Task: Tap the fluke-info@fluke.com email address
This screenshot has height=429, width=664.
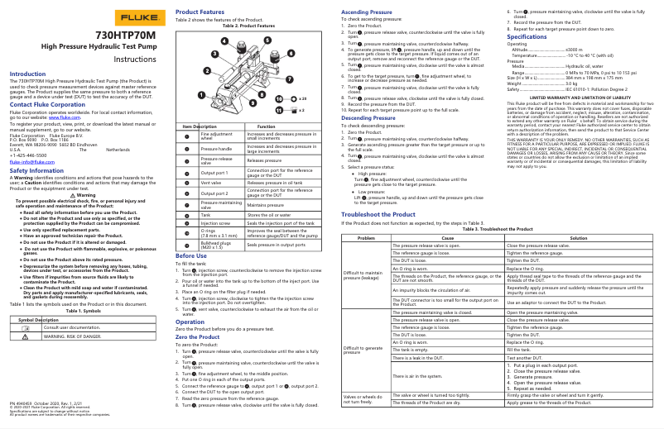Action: pyautogui.click(x=28, y=163)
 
